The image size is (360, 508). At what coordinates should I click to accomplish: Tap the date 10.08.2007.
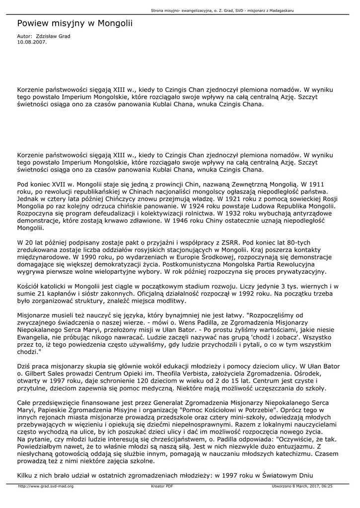[32, 42]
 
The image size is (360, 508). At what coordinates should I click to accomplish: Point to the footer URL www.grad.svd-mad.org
[46, 486]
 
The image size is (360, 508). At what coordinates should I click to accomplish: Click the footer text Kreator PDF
[162, 486]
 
